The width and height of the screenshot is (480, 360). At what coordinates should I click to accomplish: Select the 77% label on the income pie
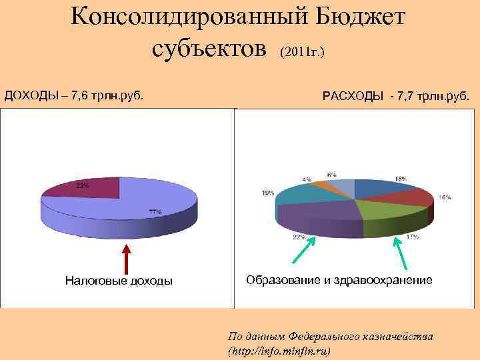click(155, 211)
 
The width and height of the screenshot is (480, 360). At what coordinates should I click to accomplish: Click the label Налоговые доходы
click(118, 281)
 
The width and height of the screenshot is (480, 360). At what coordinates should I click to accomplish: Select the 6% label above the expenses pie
click(331, 174)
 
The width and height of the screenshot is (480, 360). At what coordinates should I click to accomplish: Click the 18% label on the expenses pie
click(401, 179)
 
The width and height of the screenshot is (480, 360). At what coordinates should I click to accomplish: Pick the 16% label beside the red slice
click(445, 197)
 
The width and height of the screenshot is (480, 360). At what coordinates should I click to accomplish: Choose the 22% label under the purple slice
click(299, 237)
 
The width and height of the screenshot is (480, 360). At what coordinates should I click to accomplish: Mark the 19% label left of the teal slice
click(267, 193)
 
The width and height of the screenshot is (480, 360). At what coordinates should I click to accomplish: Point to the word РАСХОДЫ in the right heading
click(353, 97)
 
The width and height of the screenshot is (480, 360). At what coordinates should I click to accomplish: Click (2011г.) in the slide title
click(302, 51)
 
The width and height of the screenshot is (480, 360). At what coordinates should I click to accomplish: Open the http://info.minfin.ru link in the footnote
click(279, 350)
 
